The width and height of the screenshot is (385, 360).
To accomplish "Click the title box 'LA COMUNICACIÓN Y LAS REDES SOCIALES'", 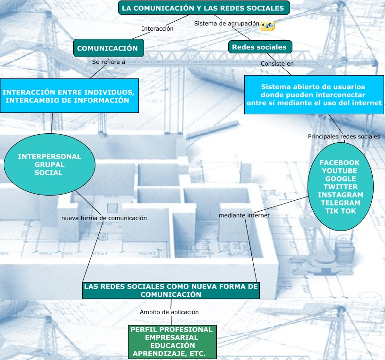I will [203, 8].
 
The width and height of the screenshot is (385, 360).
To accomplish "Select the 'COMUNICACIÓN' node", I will [108, 48].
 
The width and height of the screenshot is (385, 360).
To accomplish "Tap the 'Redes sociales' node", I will [259, 47].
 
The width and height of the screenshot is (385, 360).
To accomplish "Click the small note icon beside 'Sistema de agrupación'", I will [268, 26].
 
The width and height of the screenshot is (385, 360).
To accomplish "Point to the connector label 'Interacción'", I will [158, 29].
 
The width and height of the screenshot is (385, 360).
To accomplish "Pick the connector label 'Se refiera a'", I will [109, 61].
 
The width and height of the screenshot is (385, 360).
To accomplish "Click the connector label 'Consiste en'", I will [277, 63].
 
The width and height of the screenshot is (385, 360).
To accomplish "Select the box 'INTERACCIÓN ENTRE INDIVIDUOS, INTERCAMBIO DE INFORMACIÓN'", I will [69, 95].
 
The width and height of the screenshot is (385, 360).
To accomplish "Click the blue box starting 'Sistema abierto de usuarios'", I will [314, 95].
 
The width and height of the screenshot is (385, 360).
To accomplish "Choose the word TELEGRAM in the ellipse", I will [341, 203].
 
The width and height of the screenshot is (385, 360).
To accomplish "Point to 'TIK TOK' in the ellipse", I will [341, 211].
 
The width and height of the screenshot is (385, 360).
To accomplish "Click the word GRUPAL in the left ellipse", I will [49, 164].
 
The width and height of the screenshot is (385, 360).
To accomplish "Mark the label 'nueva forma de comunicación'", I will [104, 218].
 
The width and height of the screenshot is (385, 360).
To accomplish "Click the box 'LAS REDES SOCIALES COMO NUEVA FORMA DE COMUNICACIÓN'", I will [171, 290].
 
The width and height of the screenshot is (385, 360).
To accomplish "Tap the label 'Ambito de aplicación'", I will [169, 312].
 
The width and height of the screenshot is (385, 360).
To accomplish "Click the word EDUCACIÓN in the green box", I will [172, 345].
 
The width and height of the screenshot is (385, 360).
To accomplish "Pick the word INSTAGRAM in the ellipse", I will [341, 195].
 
